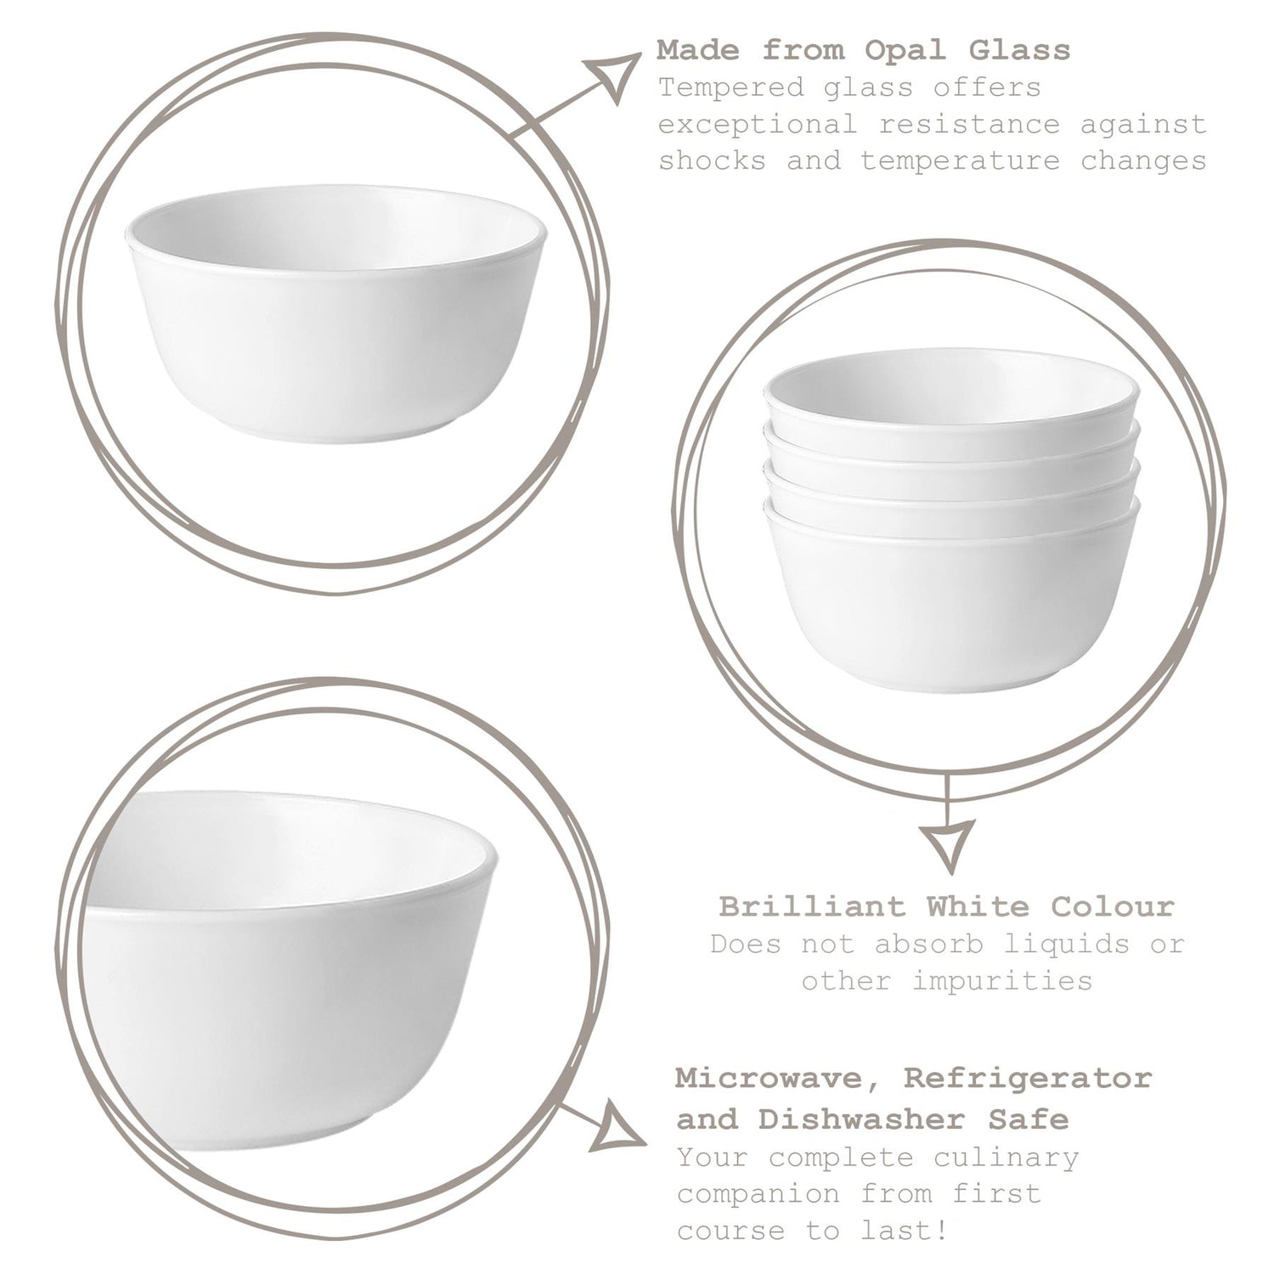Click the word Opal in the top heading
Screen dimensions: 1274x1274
pos(905,50)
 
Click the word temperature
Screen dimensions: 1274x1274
pos(961,161)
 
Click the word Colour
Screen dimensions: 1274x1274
pos(1113,906)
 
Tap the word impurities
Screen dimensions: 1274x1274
pos(1002,981)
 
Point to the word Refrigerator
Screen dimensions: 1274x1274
pos(1028,1080)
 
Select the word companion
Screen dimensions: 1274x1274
pos(758,1194)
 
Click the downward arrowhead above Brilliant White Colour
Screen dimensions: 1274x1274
pos(948,845)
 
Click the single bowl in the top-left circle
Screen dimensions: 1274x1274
pos(336,314)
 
